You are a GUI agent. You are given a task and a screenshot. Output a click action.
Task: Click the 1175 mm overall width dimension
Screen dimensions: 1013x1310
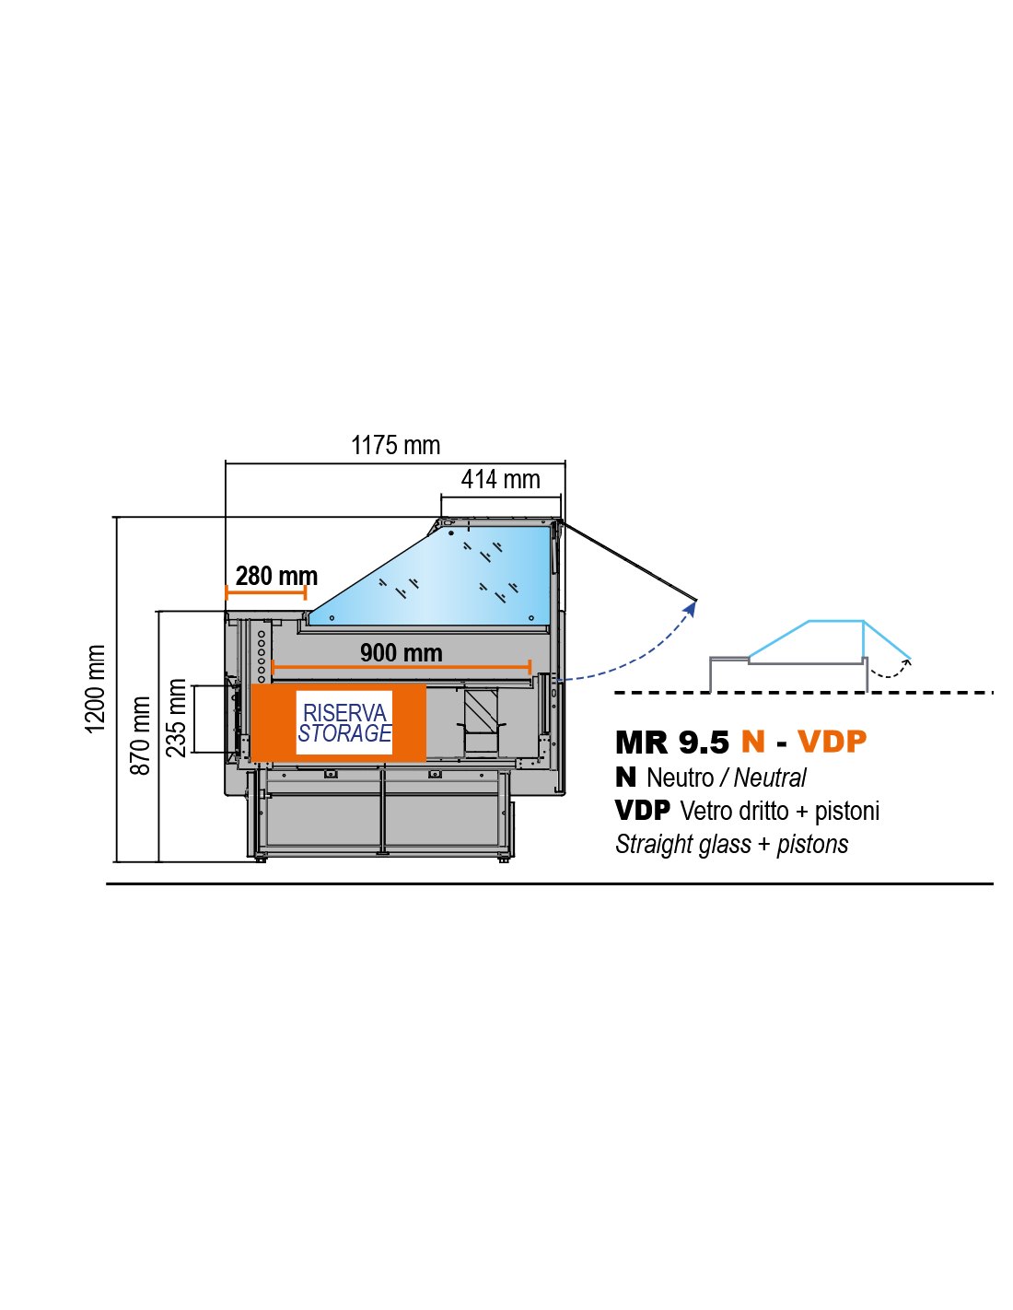[x=395, y=446]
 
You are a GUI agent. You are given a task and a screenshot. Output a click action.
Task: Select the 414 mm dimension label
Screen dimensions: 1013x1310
[x=500, y=479]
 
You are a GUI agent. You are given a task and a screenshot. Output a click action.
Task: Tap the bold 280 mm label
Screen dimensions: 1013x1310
[x=276, y=576]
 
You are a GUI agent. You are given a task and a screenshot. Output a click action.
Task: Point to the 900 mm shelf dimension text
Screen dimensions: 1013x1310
[x=402, y=653]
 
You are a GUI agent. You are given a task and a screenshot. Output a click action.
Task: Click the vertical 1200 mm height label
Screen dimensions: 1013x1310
[x=95, y=689]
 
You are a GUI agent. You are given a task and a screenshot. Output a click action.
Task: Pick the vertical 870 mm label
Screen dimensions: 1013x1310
[x=140, y=735]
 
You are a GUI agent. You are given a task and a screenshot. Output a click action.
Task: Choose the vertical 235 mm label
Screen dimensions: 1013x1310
[x=176, y=718]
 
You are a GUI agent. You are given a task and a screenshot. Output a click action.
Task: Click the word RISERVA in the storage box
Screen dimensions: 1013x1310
[x=344, y=713]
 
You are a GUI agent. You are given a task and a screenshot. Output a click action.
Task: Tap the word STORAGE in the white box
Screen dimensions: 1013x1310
[x=344, y=733]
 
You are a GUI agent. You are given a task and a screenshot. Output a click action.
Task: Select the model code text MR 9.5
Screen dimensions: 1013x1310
[x=672, y=743]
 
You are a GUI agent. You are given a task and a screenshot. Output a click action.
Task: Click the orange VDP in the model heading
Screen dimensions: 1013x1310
[x=833, y=742]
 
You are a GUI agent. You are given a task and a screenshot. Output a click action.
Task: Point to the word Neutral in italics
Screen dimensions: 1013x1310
[x=770, y=778]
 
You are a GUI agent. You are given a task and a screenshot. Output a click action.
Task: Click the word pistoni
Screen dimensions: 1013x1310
[x=846, y=812]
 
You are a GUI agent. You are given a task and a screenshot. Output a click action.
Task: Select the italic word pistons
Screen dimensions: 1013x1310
[x=812, y=845]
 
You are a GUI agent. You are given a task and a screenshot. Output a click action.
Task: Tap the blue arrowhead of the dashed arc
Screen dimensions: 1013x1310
[x=692, y=609]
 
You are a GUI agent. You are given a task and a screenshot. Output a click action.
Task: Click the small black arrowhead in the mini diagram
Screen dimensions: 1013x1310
[x=907, y=661]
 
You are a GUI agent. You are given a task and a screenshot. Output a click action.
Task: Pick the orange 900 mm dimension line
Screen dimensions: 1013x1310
[x=402, y=667]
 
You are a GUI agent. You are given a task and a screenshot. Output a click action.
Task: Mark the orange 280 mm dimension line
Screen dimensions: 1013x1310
[x=266, y=592]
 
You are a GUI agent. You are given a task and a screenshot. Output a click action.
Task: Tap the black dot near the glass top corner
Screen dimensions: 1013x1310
[x=450, y=532]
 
